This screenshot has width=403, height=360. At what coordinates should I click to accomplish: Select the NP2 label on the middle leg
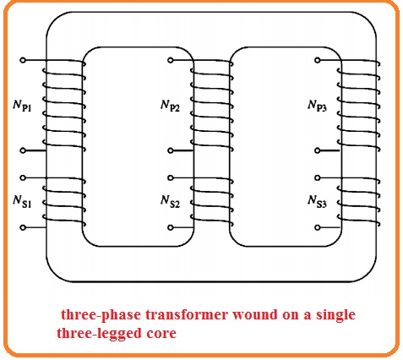coord(170,106)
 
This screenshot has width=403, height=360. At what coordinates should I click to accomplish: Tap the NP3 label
coord(319,106)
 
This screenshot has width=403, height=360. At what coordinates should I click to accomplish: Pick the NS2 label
coord(170,201)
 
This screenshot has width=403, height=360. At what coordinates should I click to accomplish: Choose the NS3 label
coord(319,201)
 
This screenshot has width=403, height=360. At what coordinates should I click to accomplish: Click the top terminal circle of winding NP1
coord(24,61)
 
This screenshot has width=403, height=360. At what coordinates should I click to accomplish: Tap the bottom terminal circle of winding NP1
coord(24,151)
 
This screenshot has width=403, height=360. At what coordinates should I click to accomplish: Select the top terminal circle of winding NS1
coord(24,177)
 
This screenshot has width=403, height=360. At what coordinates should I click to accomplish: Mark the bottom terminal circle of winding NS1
coord(24,227)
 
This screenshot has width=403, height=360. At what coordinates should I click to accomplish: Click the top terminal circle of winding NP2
coord(171,61)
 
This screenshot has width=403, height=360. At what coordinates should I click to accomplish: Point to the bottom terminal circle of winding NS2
coord(171,227)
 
